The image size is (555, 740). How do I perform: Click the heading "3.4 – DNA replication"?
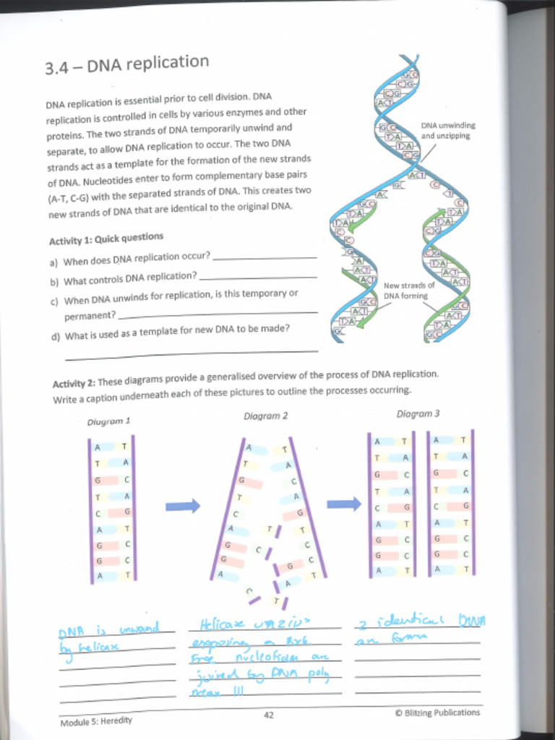tap(127, 64)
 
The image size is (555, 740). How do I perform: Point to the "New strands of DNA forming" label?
tap(408, 291)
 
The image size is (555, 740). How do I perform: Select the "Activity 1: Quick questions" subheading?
tap(106, 238)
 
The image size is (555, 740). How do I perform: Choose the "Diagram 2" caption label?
tap(265, 416)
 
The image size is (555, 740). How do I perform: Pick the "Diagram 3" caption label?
tap(418, 414)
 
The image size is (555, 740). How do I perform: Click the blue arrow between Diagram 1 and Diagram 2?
tap(183, 506)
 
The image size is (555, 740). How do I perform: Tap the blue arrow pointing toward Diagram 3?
tap(344, 504)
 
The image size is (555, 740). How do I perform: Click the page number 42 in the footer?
tap(268, 715)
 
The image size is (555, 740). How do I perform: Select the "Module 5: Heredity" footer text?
tap(96, 720)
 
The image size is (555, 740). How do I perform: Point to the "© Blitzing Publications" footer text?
tap(437, 713)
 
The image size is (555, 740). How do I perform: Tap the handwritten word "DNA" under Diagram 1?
tap(72, 634)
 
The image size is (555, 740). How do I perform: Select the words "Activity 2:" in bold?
tap(74, 382)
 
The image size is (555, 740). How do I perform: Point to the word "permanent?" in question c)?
tap(90, 316)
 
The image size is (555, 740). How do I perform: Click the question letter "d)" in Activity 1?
tap(56, 336)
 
